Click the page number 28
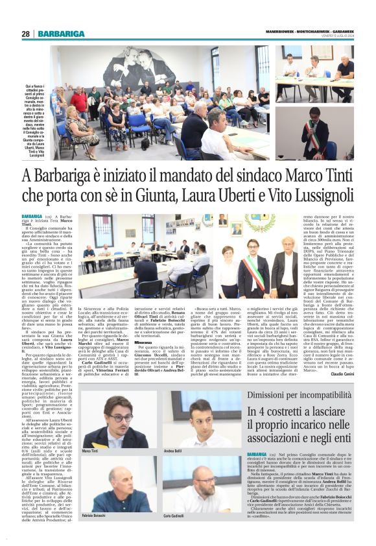25,34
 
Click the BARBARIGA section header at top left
61,34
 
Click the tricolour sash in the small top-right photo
315,128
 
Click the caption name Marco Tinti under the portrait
90,450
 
